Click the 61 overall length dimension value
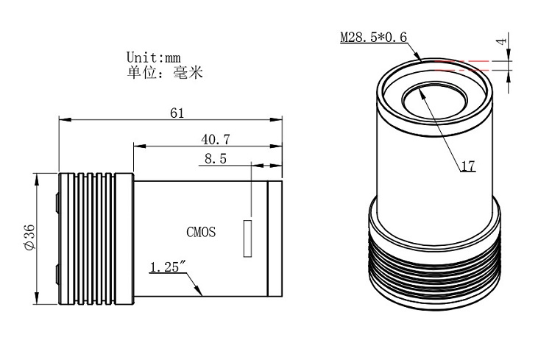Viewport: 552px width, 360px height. [x=177, y=113]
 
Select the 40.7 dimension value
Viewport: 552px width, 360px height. [x=216, y=140]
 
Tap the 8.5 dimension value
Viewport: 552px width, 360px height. [x=216, y=159]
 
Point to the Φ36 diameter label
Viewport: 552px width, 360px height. [x=30, y=237]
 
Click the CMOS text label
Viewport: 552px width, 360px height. [x=201, y=232]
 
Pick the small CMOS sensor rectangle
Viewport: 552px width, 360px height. [x=247, y=239]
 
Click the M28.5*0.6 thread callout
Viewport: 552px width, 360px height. [x=373, y=37]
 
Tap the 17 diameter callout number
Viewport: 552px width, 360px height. [x=468, y=166]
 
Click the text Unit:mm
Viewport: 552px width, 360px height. [x=154, y=57]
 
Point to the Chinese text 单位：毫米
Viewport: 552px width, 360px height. [x=165, y=73]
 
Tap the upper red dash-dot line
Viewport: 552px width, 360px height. [x=462, y=61]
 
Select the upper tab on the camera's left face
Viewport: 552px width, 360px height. [x=57, y=202]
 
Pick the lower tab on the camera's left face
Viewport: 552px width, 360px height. [x=57, y=275]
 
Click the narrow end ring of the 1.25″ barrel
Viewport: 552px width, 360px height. [x=275, y=239]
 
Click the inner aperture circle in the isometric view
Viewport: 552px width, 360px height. [x=436, y=104]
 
